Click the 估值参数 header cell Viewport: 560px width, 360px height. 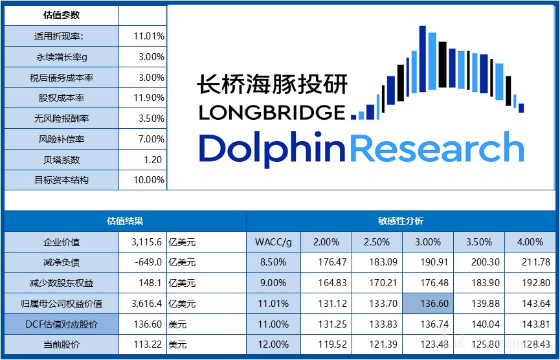pyautogui.click(x=62, y=16)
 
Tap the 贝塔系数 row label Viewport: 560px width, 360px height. pyautogui.click(x=62, y=159)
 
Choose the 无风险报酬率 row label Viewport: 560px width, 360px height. pyautogui.click(x=62, y=118)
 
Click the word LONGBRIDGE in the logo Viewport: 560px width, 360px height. pyautogui.click(x=272, y=112)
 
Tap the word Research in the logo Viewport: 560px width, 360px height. pyautogui.click(x=440, y=148)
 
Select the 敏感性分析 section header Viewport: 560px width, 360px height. pyautogui.click(x=401, y=221)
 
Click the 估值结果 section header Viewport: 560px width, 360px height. pyautogui.click(x=125, y=221)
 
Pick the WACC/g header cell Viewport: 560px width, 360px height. pyautogui.click(x=273, y=242)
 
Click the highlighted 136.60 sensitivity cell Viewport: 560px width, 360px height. pyautogui.click(x=427, y=304)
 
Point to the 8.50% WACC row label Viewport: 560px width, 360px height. pyautogui.click(x=273, y=262)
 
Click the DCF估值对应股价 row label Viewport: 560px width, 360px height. pyautogui.click(x=62, y=324)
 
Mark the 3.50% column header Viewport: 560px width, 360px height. pyautogui.click(x=478, y=242)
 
